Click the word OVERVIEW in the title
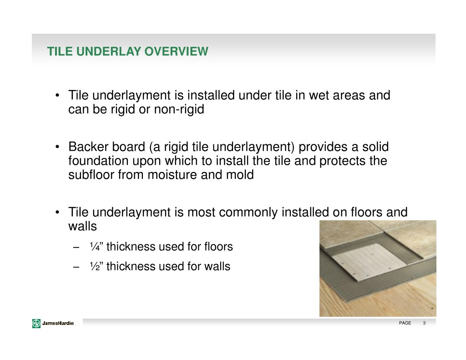pos(176,51)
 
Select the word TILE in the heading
pos(60,51)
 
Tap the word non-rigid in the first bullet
pos(179,109)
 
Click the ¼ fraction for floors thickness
pos(95,247)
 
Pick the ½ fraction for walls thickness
pos(95,266)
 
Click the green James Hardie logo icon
pos(36,324)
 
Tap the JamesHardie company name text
pos(58,323)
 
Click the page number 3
pos(424,323)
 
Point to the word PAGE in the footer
pos(405,323)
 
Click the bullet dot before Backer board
pos(57,147)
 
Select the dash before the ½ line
pos(76,267)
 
